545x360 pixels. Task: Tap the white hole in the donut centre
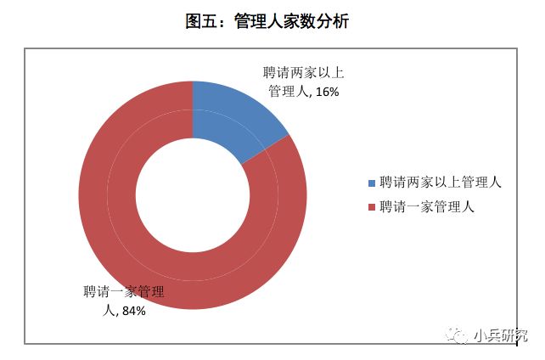[x=193, y=194]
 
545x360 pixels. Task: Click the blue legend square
[x=371, y=183]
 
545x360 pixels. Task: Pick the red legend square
[x=371, y=206]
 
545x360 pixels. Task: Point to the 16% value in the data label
[x=327, y=92]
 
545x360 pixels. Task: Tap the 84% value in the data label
[x=134, y=311]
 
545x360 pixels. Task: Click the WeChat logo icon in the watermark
[x=459, y=336]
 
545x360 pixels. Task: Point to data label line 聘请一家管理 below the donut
[x=123, y=293]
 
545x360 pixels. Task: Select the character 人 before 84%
[x=108, y=311]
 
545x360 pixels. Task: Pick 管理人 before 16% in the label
[x=287, y=92]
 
